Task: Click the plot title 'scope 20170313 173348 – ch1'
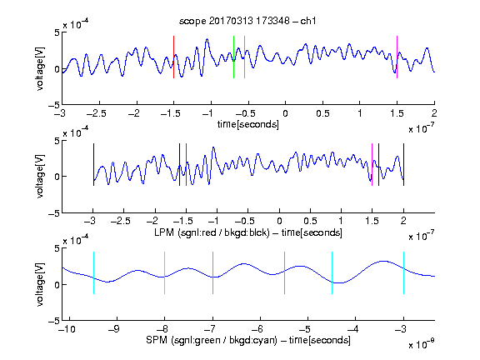247,21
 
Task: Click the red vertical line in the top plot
173,57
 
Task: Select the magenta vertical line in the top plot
397,57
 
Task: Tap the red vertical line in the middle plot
186,165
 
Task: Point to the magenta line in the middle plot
372,165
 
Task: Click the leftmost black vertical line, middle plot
93,165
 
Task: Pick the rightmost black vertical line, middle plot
404,165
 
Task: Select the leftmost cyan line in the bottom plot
93,273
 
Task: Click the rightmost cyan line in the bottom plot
404,273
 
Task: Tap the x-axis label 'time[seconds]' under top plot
248,124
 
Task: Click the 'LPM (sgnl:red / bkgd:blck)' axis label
212,232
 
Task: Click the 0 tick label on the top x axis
285,113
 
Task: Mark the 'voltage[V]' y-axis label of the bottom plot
40,285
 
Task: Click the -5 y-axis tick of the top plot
54,105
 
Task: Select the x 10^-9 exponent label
422,343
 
